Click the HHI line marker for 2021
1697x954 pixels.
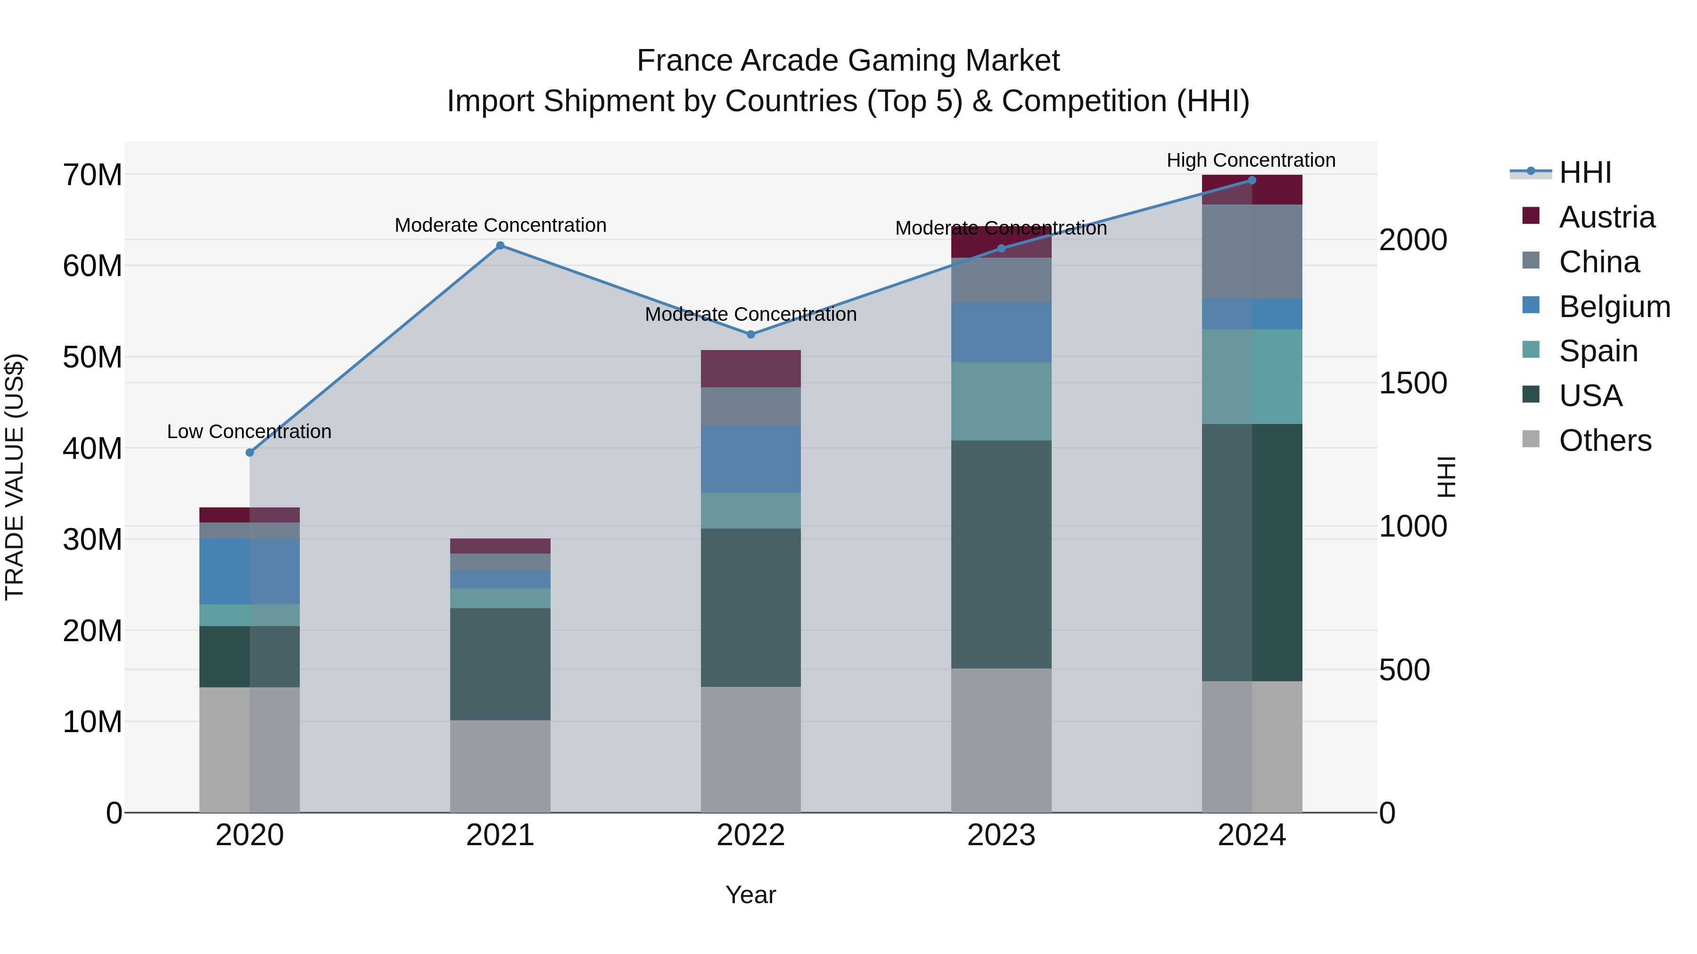[x=500, y=245]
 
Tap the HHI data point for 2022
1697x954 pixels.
[x=750, y=334]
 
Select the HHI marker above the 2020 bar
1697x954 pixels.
[x=250, y=452]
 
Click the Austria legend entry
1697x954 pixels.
[x=1606, y=217]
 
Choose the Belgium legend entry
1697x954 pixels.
[x=1614, y=307]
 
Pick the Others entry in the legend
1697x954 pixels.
[x=1605, y=440]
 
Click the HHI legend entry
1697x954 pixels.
[x=1584, y=172]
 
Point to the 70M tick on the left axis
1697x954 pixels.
[x=92, y=175]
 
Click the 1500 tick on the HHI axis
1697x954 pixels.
[x=1413, y=383]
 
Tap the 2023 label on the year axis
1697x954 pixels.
[x=1001, y=835]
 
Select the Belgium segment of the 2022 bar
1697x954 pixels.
[x=750, y=459]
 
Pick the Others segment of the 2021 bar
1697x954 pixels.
[x=500, y=766]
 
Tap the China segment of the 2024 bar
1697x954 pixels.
[x=1252, y=252]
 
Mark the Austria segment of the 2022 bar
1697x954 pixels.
[x=750, y=369]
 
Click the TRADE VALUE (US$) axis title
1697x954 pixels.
[x=15, y=477]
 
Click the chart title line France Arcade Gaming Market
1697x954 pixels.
[x=848, y=61]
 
